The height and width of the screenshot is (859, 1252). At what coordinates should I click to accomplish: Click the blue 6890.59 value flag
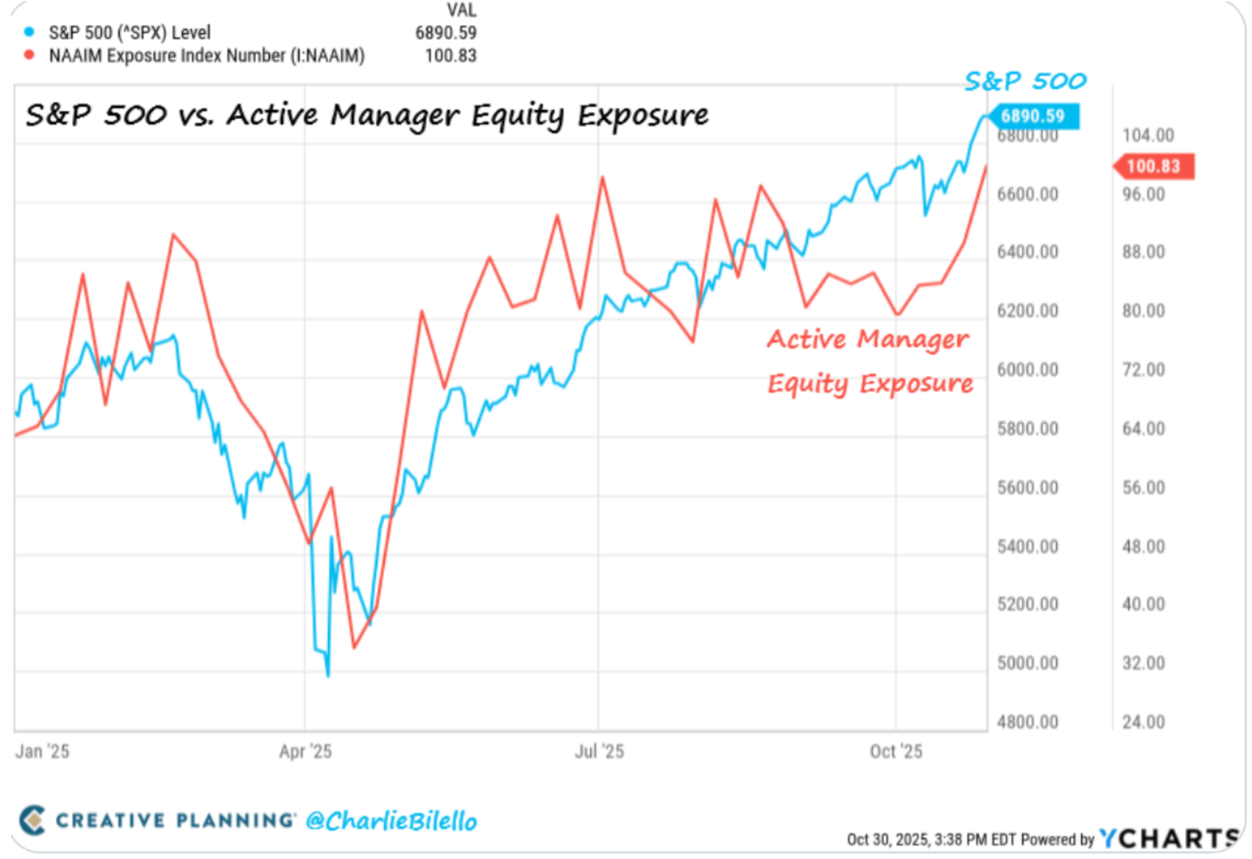pos(1032,117)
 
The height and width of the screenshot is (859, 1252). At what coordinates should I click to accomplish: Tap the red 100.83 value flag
pos(1153,166)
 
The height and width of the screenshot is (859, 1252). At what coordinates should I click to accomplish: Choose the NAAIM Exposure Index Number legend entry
pos(206,56)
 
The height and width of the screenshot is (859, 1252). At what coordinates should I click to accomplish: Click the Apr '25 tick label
pos(305,751)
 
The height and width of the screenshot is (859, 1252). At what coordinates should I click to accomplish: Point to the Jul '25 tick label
pos(599,751)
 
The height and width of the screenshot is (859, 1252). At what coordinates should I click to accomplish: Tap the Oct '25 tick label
pos(896,751)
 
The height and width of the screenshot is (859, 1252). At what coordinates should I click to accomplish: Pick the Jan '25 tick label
pos(42,751)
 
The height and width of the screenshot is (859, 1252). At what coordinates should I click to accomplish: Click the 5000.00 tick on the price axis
pos(1027,663)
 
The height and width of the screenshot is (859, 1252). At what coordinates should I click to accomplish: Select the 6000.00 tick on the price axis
pos(1027,370)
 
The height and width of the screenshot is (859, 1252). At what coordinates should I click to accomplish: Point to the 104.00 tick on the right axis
pos(1147,135)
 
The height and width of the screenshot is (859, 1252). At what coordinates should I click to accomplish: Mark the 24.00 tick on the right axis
pos(1143,722)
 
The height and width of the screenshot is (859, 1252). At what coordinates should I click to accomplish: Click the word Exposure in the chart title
pos(643,116)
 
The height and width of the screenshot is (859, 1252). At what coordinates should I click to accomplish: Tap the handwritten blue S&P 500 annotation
pos(1025,81)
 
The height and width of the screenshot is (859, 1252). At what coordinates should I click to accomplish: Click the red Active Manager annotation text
pos(868,340)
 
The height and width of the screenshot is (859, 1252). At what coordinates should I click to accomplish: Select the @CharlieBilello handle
pos(391,821)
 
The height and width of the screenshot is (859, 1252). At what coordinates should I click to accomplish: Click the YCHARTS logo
pos(1169,838)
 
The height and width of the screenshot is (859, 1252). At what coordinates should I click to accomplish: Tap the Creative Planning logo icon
pos(33,820)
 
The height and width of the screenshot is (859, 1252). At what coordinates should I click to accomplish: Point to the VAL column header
pos(462,10)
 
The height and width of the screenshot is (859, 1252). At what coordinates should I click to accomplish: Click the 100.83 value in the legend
pos(450,56)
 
